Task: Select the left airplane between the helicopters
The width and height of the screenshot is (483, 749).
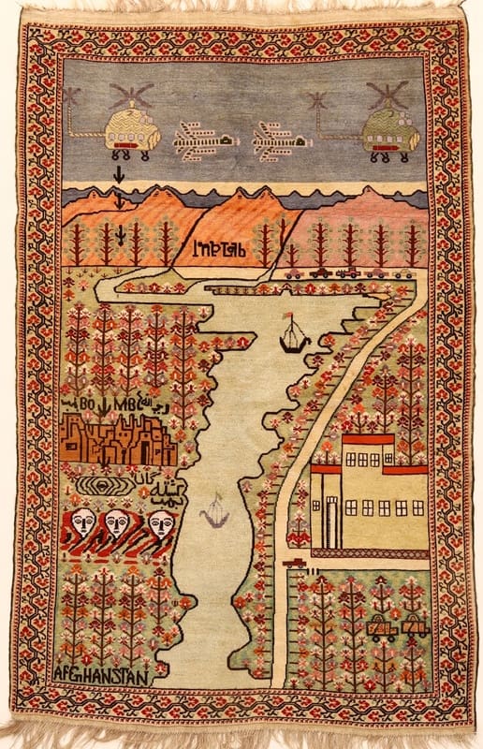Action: [x=203, y=141]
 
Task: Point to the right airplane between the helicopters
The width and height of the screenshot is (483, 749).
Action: [x=277, y=142]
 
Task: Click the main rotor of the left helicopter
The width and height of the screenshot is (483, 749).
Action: [x=130, y=95]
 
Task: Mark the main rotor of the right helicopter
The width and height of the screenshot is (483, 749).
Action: [x=387, y=94]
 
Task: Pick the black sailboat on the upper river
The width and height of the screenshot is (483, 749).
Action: [x=294, y=338]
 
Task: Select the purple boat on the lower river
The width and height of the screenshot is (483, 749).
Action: [x=215, y=514]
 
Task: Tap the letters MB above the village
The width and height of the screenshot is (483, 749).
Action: [x=124, y=404]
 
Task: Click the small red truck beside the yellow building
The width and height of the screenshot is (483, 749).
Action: [x=294, y=563]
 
